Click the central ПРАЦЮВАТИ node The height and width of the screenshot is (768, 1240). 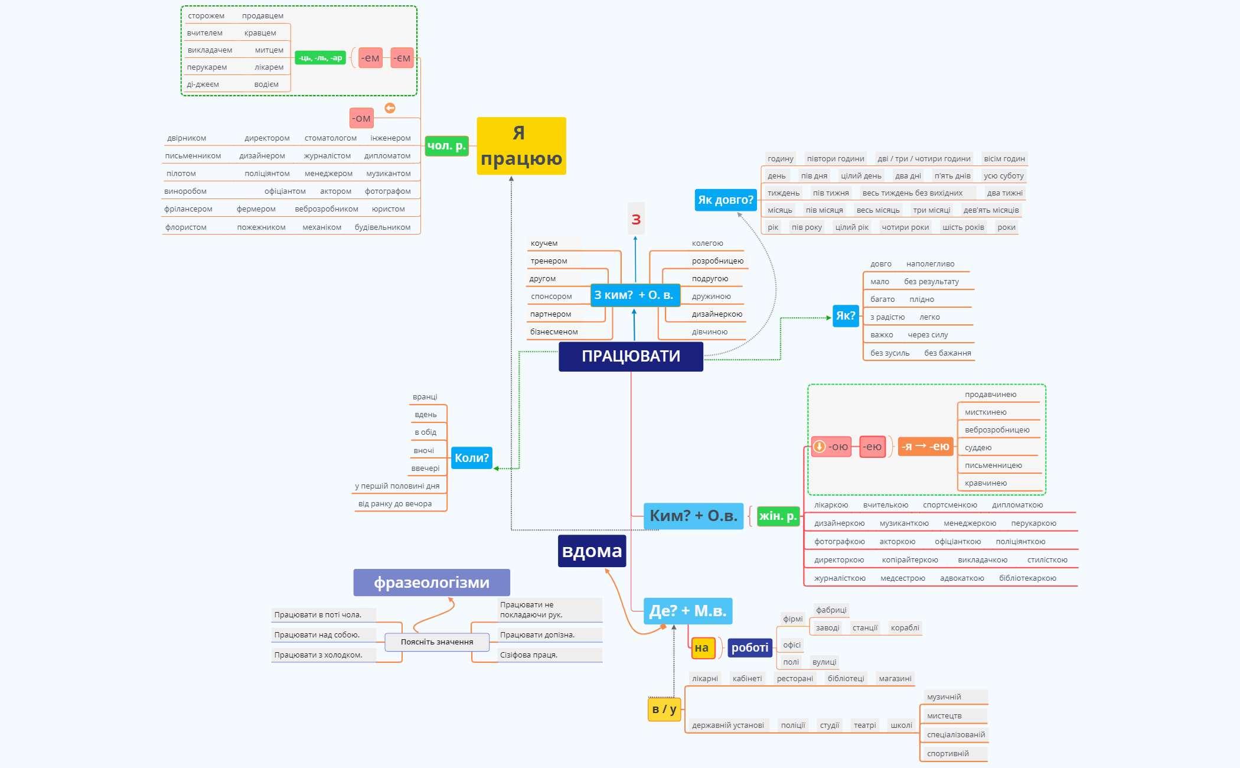point(631,356)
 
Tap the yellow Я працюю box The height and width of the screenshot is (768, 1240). point(521,146)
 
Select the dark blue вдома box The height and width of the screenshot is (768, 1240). point(592,551)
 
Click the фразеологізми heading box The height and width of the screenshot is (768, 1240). point(432,582)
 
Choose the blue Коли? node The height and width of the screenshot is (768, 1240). point(471,458)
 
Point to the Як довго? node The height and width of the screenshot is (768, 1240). point(725,200)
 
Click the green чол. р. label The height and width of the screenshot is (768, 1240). point(446,145)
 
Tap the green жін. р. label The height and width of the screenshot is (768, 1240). point(778,516)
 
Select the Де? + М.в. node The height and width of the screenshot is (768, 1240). point(687,611)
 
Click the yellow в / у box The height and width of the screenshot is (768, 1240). point(664,709)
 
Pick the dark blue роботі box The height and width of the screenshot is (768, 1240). point(749,647)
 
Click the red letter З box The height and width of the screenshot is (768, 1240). point(636,219)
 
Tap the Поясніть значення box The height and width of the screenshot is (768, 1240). point(437,642)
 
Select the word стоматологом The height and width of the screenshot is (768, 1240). point(330,138)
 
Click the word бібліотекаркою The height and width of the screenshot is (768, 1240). point(1027,578)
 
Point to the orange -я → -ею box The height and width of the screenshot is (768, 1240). point(925,447)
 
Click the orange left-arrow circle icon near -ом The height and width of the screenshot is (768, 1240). point(390,108)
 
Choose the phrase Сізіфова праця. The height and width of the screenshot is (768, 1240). point(528,655)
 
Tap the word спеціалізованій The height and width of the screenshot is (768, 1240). point(955,735)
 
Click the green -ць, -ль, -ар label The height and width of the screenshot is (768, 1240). point(320,58)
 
